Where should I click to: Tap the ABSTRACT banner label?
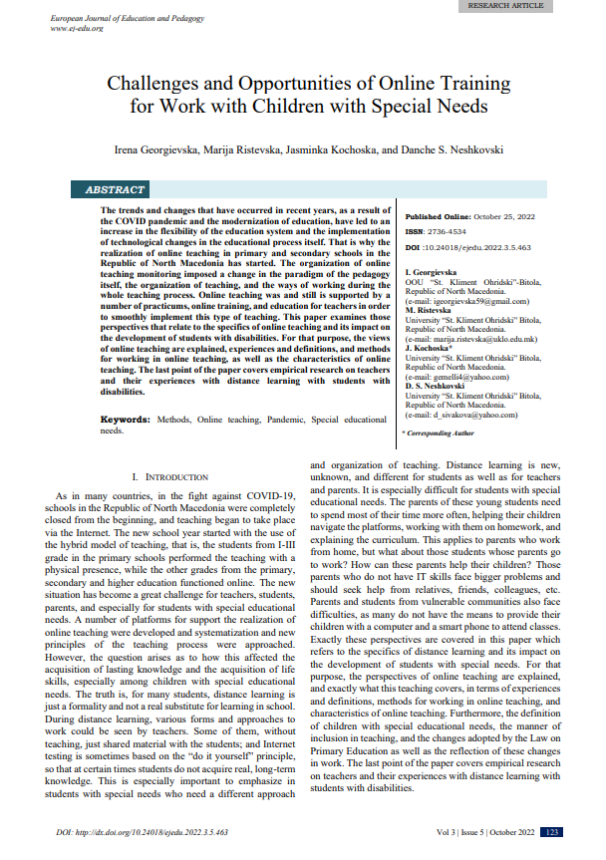click(116, 189)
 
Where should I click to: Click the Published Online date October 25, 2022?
click(504, 217)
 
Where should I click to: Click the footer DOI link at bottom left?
click(141, 831)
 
